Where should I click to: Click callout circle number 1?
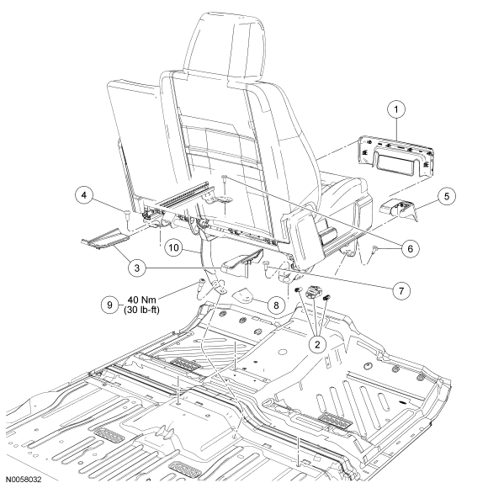(396, 109)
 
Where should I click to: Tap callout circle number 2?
(317, 344)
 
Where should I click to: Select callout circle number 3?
(137, 268)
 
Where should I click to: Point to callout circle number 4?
(84, 195)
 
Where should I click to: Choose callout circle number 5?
(447, 196)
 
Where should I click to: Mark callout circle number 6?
(411, 248)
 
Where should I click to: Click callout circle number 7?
(401, 291)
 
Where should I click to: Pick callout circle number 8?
(276, 305)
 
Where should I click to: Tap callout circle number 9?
(109, 305)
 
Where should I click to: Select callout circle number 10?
(173, 247)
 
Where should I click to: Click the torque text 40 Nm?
(141, 300)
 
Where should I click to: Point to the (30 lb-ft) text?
(141, 310)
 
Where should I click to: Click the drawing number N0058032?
(24, 480)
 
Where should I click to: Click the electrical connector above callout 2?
(312, 291)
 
